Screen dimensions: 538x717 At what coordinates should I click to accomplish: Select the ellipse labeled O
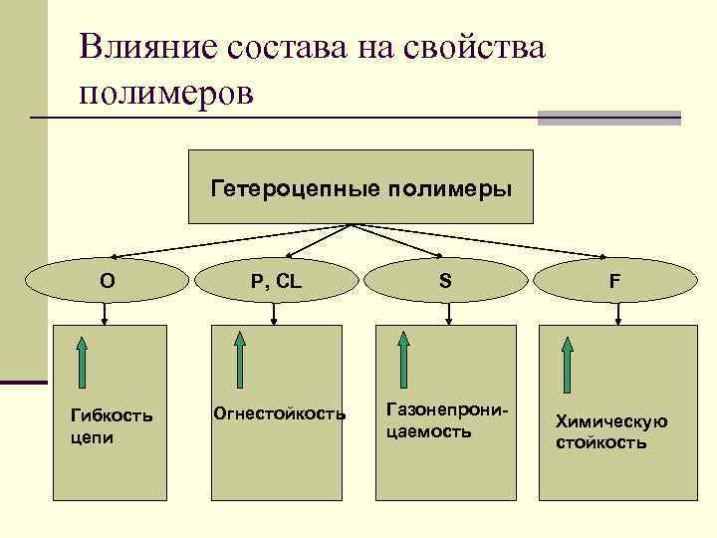pyautogui.click(x=107, y=281)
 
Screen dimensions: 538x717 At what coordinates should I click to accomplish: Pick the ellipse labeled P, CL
pyautogui.click(x=276, y=281)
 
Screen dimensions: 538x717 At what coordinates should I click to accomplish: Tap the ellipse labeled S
pyautogui.click(x=445, y=281)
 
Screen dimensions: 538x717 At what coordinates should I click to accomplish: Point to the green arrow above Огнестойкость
pyautogui.click(x=239, y=360)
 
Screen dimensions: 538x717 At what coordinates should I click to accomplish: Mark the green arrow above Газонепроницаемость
pyautogui.click(x=403, y=360)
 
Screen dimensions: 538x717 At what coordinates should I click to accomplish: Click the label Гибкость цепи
pyautogui.click(x=97, y=425)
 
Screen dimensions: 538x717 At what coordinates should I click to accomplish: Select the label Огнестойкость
pyautogui.click(x=280, y=412)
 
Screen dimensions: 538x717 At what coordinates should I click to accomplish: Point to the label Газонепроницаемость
pyautogui.click(x=439, y=421)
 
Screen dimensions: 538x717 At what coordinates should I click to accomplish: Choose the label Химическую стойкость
pyautogui.click(x=611, y=431)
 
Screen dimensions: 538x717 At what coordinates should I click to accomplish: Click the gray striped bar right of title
pyautogui.click(x=608, y=118)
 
